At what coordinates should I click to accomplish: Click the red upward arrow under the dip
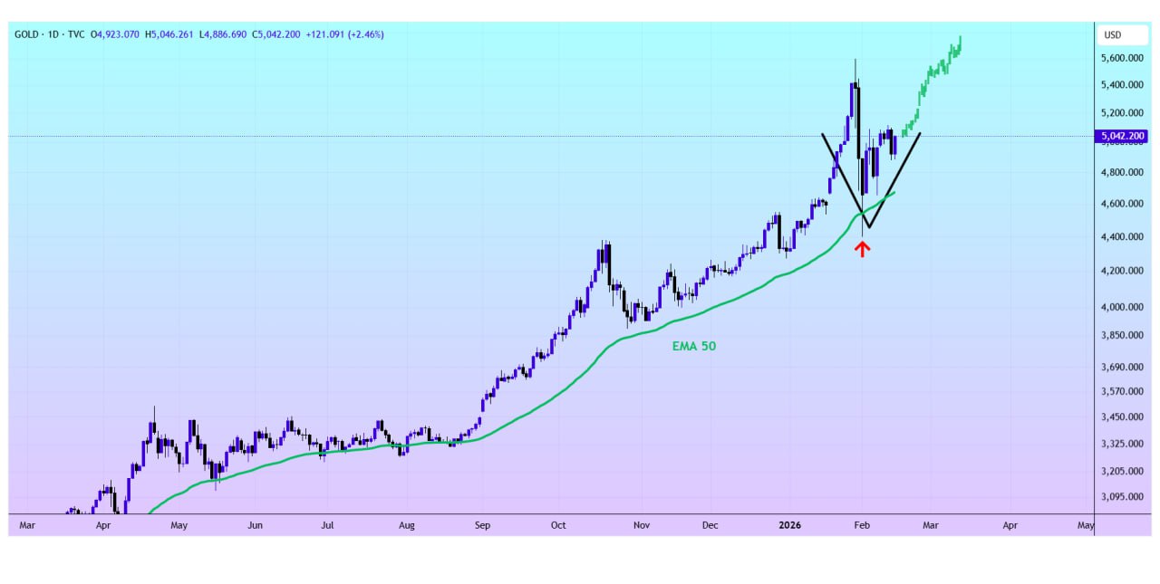point(863,249)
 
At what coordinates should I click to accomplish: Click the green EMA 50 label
point(693,346)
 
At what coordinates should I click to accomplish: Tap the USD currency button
point(1112,35)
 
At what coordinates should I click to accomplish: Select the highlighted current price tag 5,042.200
point(1123,137)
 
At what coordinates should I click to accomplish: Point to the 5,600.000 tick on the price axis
point(1123,58)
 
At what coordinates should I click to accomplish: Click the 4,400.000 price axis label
point(1123,237)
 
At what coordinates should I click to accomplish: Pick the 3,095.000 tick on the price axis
point(1123,497)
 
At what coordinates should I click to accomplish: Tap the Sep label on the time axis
point(482,525)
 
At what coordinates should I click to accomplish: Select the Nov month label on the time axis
point(642,525)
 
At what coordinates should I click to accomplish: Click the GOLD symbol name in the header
point(26,34)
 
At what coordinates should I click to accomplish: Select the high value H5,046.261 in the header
point(175,34)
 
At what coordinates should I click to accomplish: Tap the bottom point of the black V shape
point(867,227)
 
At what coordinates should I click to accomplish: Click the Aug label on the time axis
point(407,525)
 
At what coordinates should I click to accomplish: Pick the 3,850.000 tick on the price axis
point(1123,335)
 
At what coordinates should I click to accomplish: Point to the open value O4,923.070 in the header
point(114,34)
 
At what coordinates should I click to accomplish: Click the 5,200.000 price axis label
point(1123,113)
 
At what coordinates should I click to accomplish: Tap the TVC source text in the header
point(75,34)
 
